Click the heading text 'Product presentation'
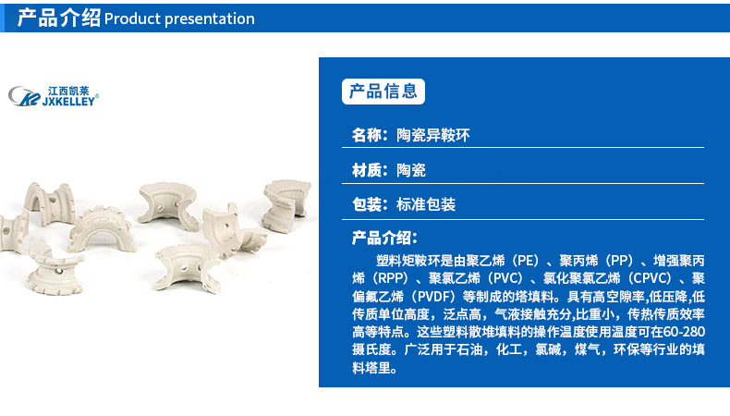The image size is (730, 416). (179, 18)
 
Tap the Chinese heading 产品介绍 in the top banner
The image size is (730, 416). (58, 18)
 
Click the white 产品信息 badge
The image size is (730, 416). (383, 92)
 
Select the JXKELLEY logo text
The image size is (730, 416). (69, 101)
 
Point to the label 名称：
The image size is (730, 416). (370, 135)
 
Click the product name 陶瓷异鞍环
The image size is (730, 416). (433, 135)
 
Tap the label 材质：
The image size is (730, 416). (370, 170)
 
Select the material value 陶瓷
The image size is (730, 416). (411, 170)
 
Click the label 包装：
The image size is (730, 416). (370, 204)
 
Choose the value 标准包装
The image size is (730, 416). (426, 204)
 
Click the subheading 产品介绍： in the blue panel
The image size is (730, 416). (384, 239)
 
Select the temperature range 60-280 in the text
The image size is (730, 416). (684, 332)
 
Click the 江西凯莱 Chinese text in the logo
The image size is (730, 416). (68, 91)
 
